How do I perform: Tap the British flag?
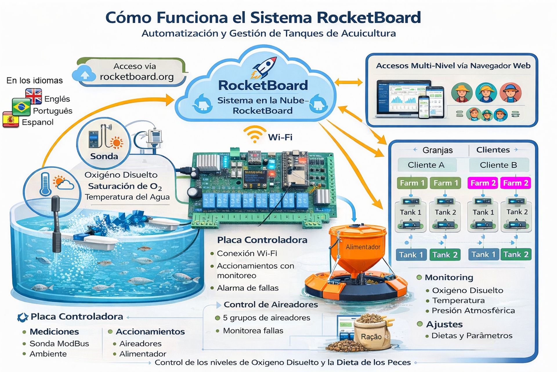(x=34, y=96)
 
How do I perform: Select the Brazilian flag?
(x=21, y=107)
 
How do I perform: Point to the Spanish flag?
(x=11, y=119)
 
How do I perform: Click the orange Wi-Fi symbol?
(x=255, y=134)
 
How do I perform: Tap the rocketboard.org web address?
(x=137, y=77)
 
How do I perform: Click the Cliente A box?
(x=426, y=165)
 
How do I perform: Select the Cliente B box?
(x=498, y=165)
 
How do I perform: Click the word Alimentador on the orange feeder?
(x=363, y=247)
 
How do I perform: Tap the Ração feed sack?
(x=371, y=334)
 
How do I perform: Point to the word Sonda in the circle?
(x=104, y=156)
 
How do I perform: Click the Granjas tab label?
(x=437, y=150)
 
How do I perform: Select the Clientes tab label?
(x=493, y=150)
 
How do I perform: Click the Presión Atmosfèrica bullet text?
(x=473, y=311)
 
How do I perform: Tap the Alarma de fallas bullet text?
(x=247, y=288)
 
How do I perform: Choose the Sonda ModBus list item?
(x=59, y=344)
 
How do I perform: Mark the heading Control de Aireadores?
(x=271, y=305)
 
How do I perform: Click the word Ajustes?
(x=444, y=324)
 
